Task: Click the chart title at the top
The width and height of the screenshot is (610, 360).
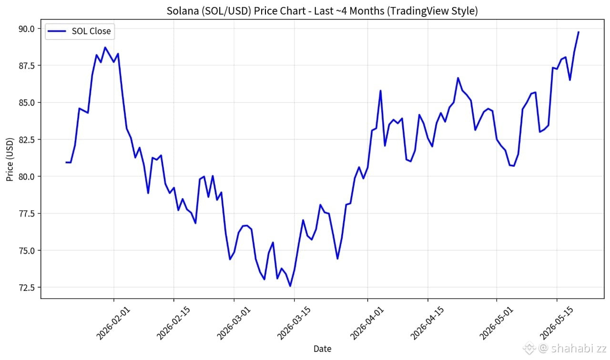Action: pyautogui.click(x=322, y=11)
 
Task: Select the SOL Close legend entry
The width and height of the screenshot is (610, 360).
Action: pyautogui.click(x=80, y=31)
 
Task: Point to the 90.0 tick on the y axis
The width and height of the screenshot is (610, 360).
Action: pyautogui.click(x=26, y=29)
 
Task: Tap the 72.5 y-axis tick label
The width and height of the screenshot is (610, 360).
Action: pyautogui.click(x=26, y=288)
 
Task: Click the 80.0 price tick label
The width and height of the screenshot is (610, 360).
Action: pyautogui.click(x=26, y=177)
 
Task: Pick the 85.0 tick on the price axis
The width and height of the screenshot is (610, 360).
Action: pyautogui.click(x=26, y=103)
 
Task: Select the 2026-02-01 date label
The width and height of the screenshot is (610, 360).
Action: pyautogui.click(x=113, y=323)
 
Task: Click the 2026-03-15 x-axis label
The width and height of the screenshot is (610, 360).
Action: pyautogui.click(x=294, y=323)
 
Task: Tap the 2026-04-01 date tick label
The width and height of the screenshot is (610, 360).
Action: pyautogui.click(x=367, y=323)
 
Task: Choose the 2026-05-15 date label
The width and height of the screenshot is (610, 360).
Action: pyautogui.click(x=556, y=323)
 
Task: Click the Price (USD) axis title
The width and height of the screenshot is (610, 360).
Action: pyautogui.click(x=10, y=160)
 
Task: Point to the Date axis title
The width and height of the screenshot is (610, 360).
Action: pyautogui.click(x=323, y=349)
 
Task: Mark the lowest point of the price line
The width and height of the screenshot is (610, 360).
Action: pyautogui.click(x=290, y=286)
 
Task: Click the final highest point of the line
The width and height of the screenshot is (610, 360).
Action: pyautogui.click(x=579, y=32)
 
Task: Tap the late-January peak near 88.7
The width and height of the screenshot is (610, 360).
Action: pyautogui.click(x=105, y=48)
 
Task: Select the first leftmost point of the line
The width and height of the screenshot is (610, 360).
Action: pyautogui.click(x=66, y=162)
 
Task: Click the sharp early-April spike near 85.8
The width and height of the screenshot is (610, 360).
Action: pyautogui.click(x=380, y=90)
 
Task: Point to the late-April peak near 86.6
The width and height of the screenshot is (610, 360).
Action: pyautogui.click(x=458, y=78)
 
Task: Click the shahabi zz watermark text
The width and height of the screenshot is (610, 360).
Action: pyautogui.click(x=579, y=348)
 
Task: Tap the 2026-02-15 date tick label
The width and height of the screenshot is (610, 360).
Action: pyautogui.click(x=173, y=323)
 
